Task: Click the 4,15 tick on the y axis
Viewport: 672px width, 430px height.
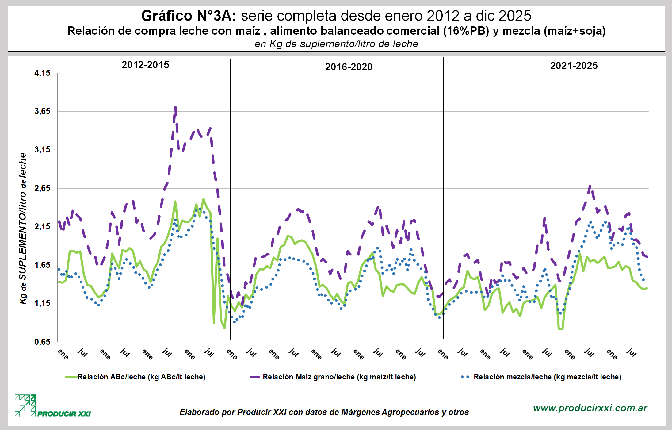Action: [x=42, y=73]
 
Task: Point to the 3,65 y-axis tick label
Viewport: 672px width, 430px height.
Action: [x=42, y=111]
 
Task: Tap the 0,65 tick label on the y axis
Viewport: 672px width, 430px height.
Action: [x=42, y=342]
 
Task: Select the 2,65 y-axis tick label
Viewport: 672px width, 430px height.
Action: [x=42, y=188]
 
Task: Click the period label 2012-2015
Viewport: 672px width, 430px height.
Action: [x=145, y=65]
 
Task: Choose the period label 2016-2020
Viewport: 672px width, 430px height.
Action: [x=349, y=67]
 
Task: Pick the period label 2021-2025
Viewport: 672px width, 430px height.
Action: [x=574, y=66]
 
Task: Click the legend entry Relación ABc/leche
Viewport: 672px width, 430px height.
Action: [x=141, y=377]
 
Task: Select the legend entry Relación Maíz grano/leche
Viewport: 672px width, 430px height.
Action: [x=339, y=377]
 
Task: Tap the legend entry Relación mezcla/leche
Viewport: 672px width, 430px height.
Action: [x=547, y=377]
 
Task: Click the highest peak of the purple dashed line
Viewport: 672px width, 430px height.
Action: [x=175, y=107]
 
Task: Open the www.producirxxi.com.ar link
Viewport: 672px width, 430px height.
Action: [x=590, y=408]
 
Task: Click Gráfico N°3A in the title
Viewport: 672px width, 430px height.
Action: [x=188, y=16]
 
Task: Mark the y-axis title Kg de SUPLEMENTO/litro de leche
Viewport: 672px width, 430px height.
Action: [x=23, y=228]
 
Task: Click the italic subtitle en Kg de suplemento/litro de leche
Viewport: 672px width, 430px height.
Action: [x=336, y=44]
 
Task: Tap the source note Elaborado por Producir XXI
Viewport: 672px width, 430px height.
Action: [x=324, y=412]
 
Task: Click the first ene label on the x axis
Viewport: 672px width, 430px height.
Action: [x=63, y=354]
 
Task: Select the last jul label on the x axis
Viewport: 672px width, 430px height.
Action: [x=631, y=352]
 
